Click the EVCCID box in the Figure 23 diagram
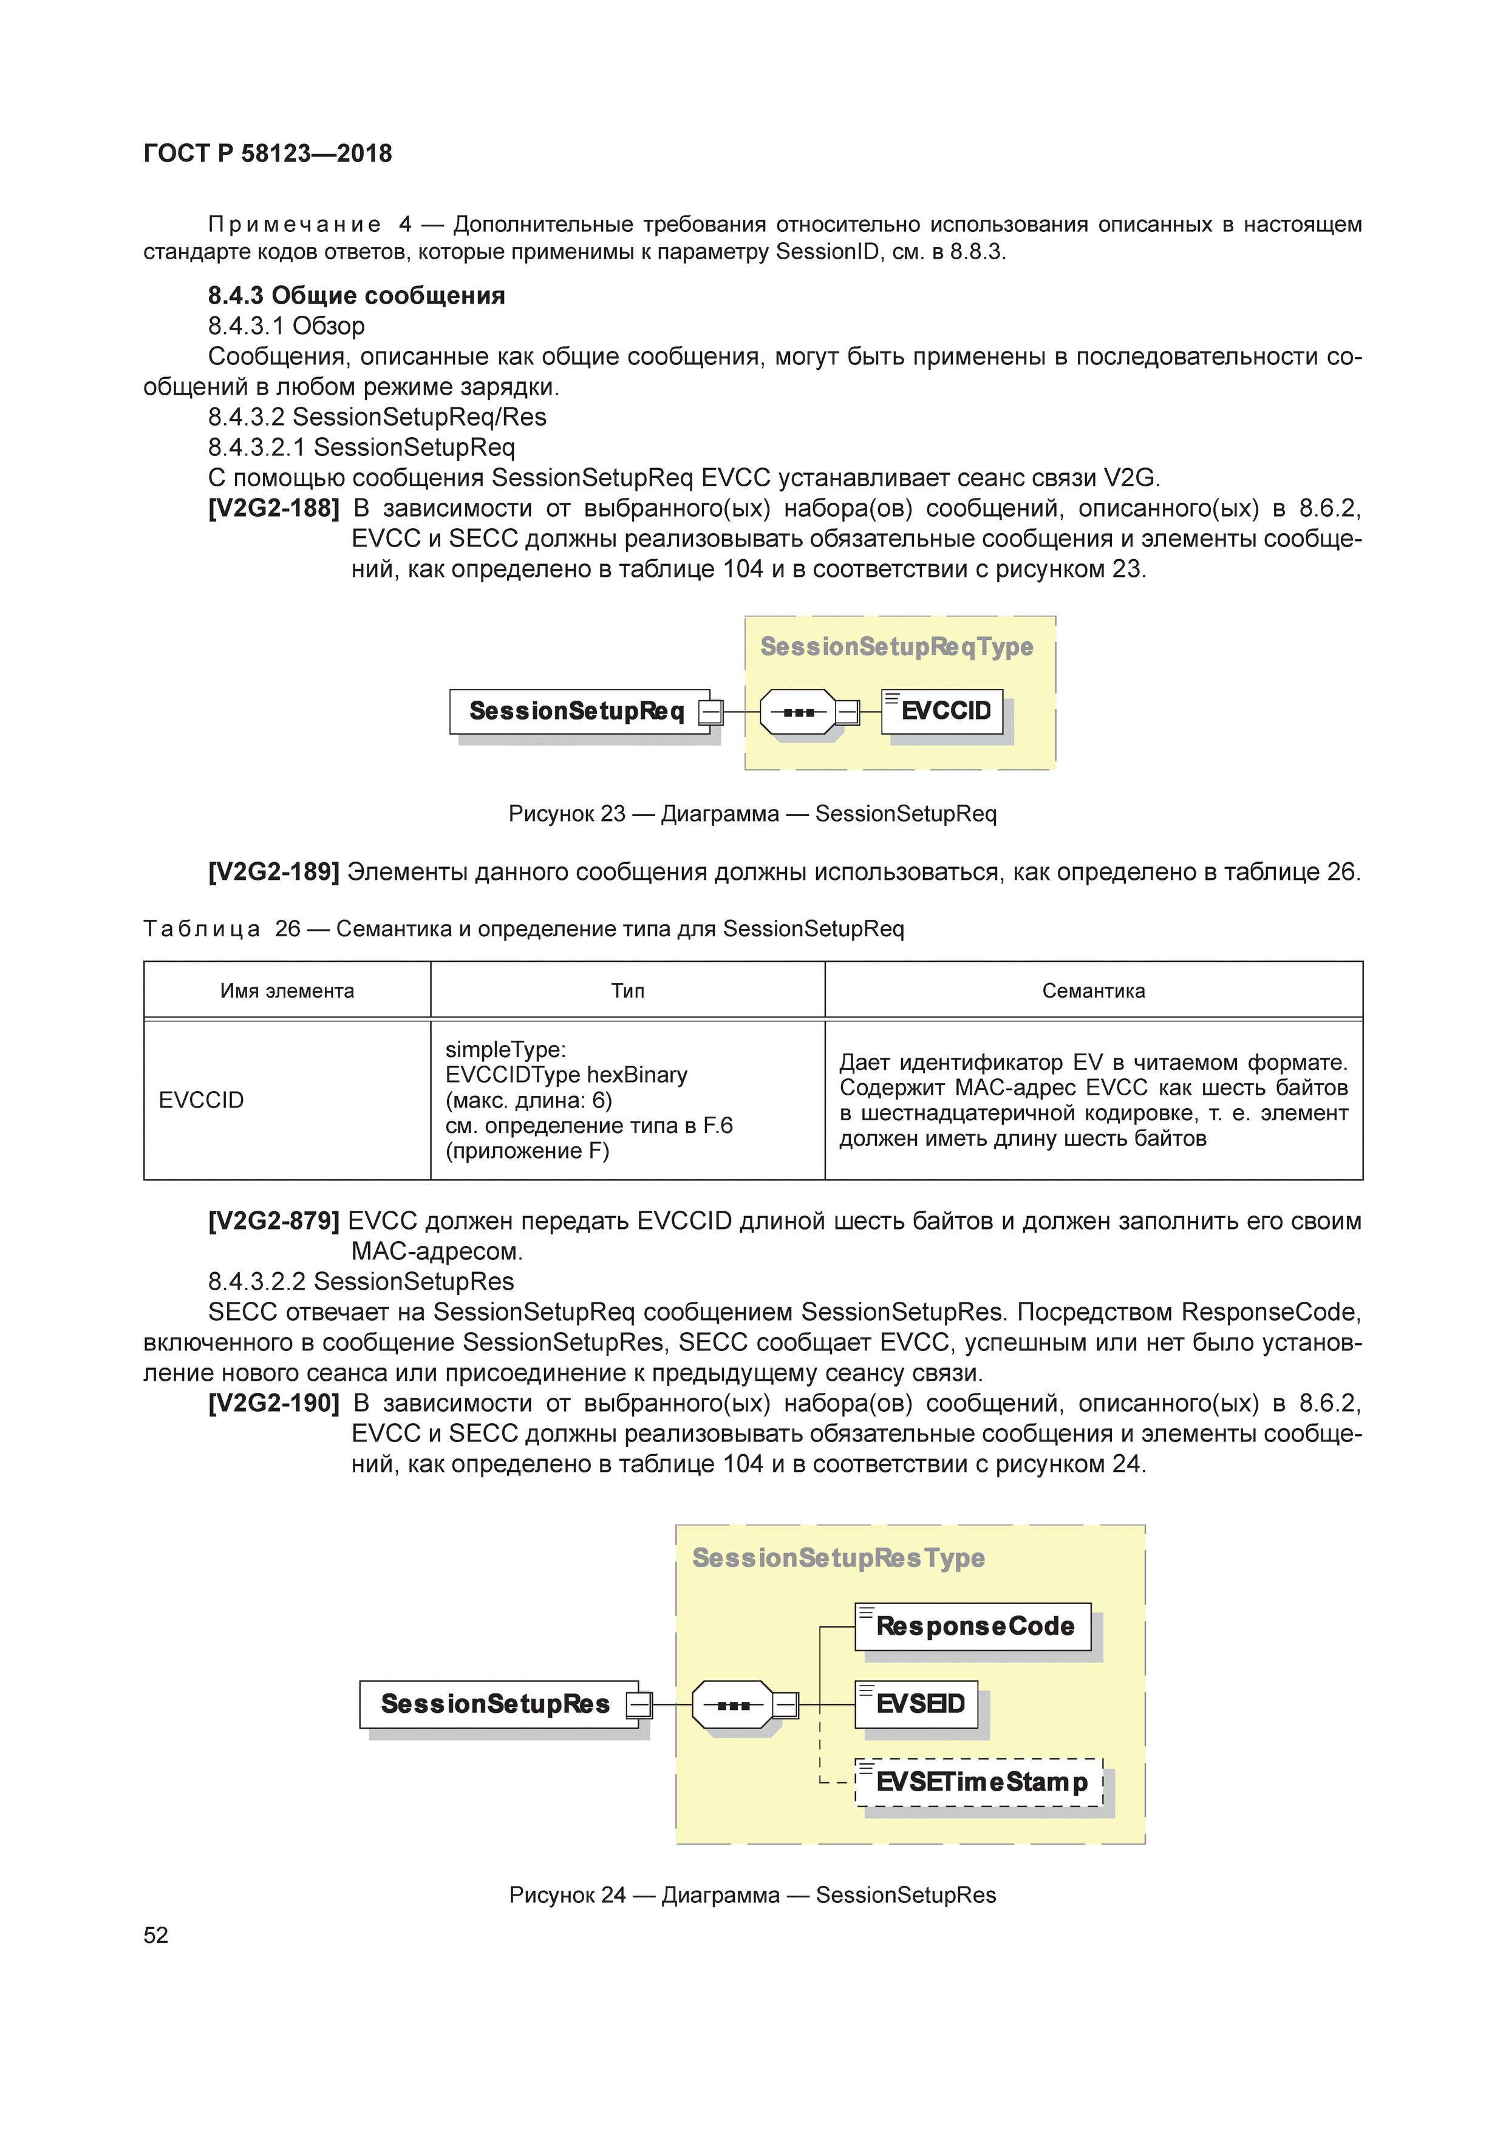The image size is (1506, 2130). [x=942, y=712]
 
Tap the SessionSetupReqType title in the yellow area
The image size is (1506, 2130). [x=896, y=647]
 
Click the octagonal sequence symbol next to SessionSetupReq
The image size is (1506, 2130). [x=797, y=712]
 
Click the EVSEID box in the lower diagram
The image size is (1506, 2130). [x=917, y=1704]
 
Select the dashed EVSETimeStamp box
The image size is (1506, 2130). [x=979, y=1782]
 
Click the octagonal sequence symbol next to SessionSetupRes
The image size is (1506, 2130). [x=733, y=1705]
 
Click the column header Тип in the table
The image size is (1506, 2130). [x=627, y=991]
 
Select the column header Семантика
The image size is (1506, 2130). [x=1093, y=991]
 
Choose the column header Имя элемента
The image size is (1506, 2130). [x=287, y=991]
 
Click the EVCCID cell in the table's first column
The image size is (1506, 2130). [x=202, y=1100]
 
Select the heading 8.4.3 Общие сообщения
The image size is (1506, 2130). [x=356, y=296]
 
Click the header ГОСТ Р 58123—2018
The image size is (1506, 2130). [x=268, y=154]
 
